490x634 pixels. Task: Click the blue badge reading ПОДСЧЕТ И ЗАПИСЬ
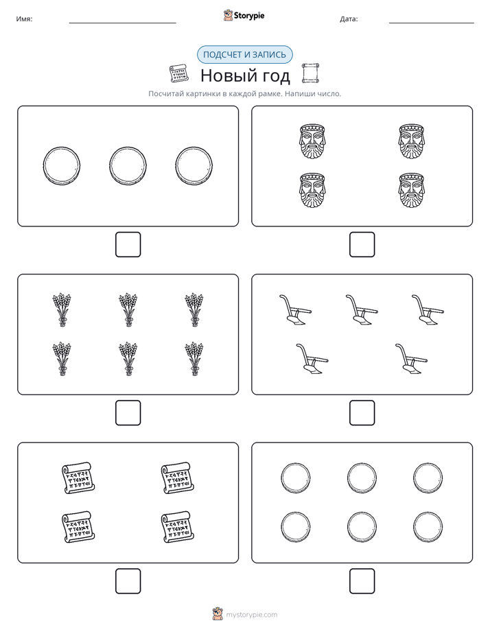[244, 55]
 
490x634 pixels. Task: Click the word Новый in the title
[224, 75]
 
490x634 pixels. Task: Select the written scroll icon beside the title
[178, 73]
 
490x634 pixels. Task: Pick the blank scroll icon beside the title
[311, 73]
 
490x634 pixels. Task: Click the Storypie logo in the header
[244, 15]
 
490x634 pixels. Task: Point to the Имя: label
[24, 19]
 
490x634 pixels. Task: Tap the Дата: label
[349, 19]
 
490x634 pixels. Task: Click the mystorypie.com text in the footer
[251, 615]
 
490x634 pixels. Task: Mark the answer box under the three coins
[128, 245]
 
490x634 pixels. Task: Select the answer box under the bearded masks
[362, 245]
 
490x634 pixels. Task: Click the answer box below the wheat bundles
[128, 413]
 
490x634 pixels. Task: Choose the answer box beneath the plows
[362, 413]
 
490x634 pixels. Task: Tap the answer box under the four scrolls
[128, 581]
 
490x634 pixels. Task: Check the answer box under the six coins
[362, 581]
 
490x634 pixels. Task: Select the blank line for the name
[122, 23]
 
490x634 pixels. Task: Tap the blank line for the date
[432, 23]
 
